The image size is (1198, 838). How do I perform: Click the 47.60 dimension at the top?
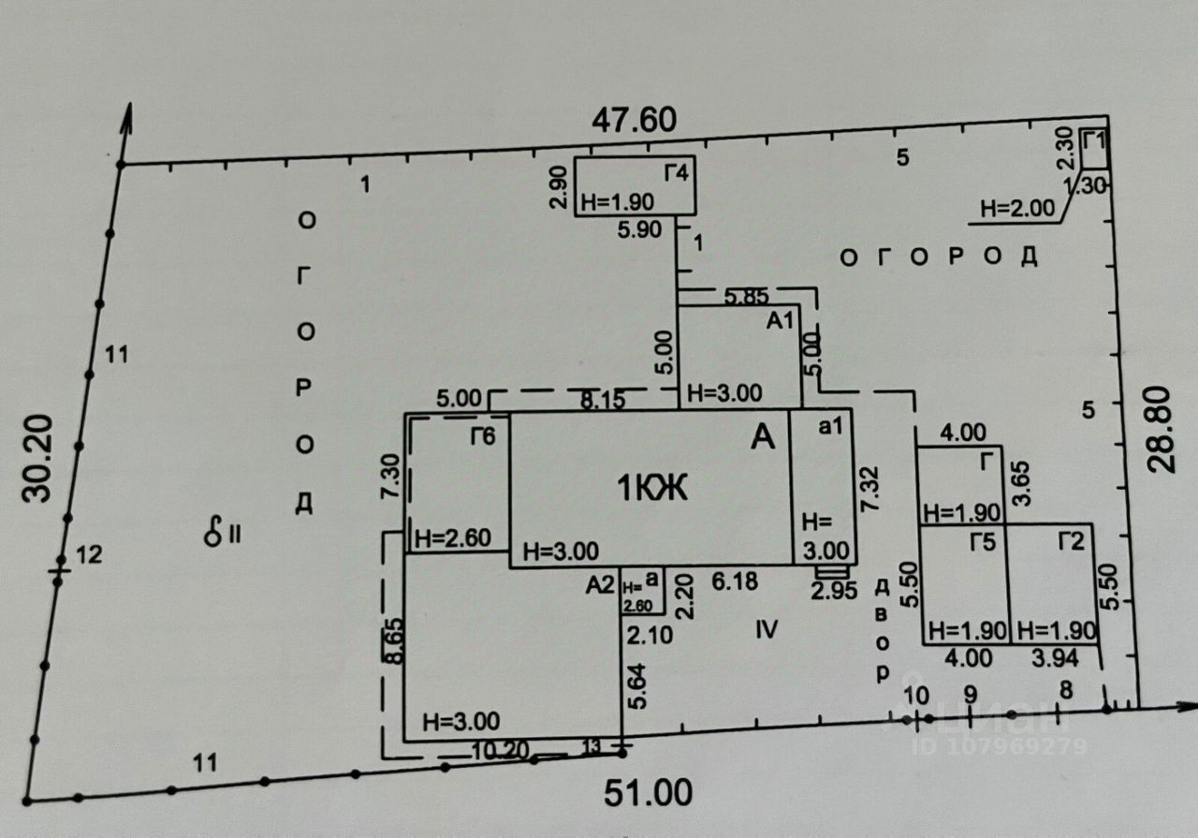click(635, 121)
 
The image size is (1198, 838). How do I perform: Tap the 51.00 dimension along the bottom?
click(648, 794)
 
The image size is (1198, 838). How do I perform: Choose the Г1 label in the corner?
click(1093, 141)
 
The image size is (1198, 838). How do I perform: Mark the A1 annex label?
click(780, 321)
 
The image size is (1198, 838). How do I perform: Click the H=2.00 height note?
click(1016, 209)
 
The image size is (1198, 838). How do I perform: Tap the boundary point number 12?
click(88, 556)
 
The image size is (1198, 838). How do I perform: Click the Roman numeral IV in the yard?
click(767, 629)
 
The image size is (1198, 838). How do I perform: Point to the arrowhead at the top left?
click(127, 118)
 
